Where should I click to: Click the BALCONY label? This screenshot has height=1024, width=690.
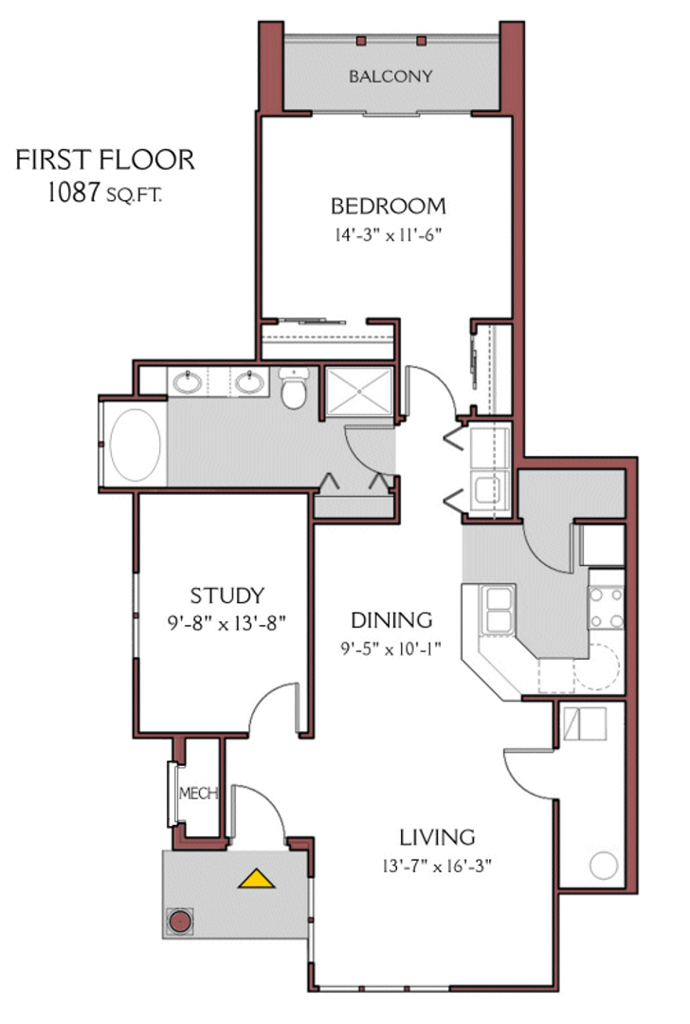(390, 76)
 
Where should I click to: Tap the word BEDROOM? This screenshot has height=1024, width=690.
(388, 206)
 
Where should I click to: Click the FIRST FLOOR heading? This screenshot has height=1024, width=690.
(105, 160)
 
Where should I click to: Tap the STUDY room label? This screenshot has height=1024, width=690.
(227, 595)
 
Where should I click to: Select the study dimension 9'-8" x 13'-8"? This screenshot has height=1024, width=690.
(227, 623)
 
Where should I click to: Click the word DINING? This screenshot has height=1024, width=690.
(391, 620)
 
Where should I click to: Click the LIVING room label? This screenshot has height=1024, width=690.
(436, 837)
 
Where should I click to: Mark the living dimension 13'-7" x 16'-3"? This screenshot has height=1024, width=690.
(436, 865)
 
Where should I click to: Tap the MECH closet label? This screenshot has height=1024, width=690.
(199, 794)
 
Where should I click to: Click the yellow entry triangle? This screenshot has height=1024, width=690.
(256, 879)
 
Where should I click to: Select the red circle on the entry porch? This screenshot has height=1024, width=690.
(180, 920)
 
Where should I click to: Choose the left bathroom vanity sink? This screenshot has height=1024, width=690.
(187, 383)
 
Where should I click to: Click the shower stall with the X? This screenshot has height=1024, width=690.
(360, 391)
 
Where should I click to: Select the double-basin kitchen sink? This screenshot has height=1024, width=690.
(499, 610)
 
